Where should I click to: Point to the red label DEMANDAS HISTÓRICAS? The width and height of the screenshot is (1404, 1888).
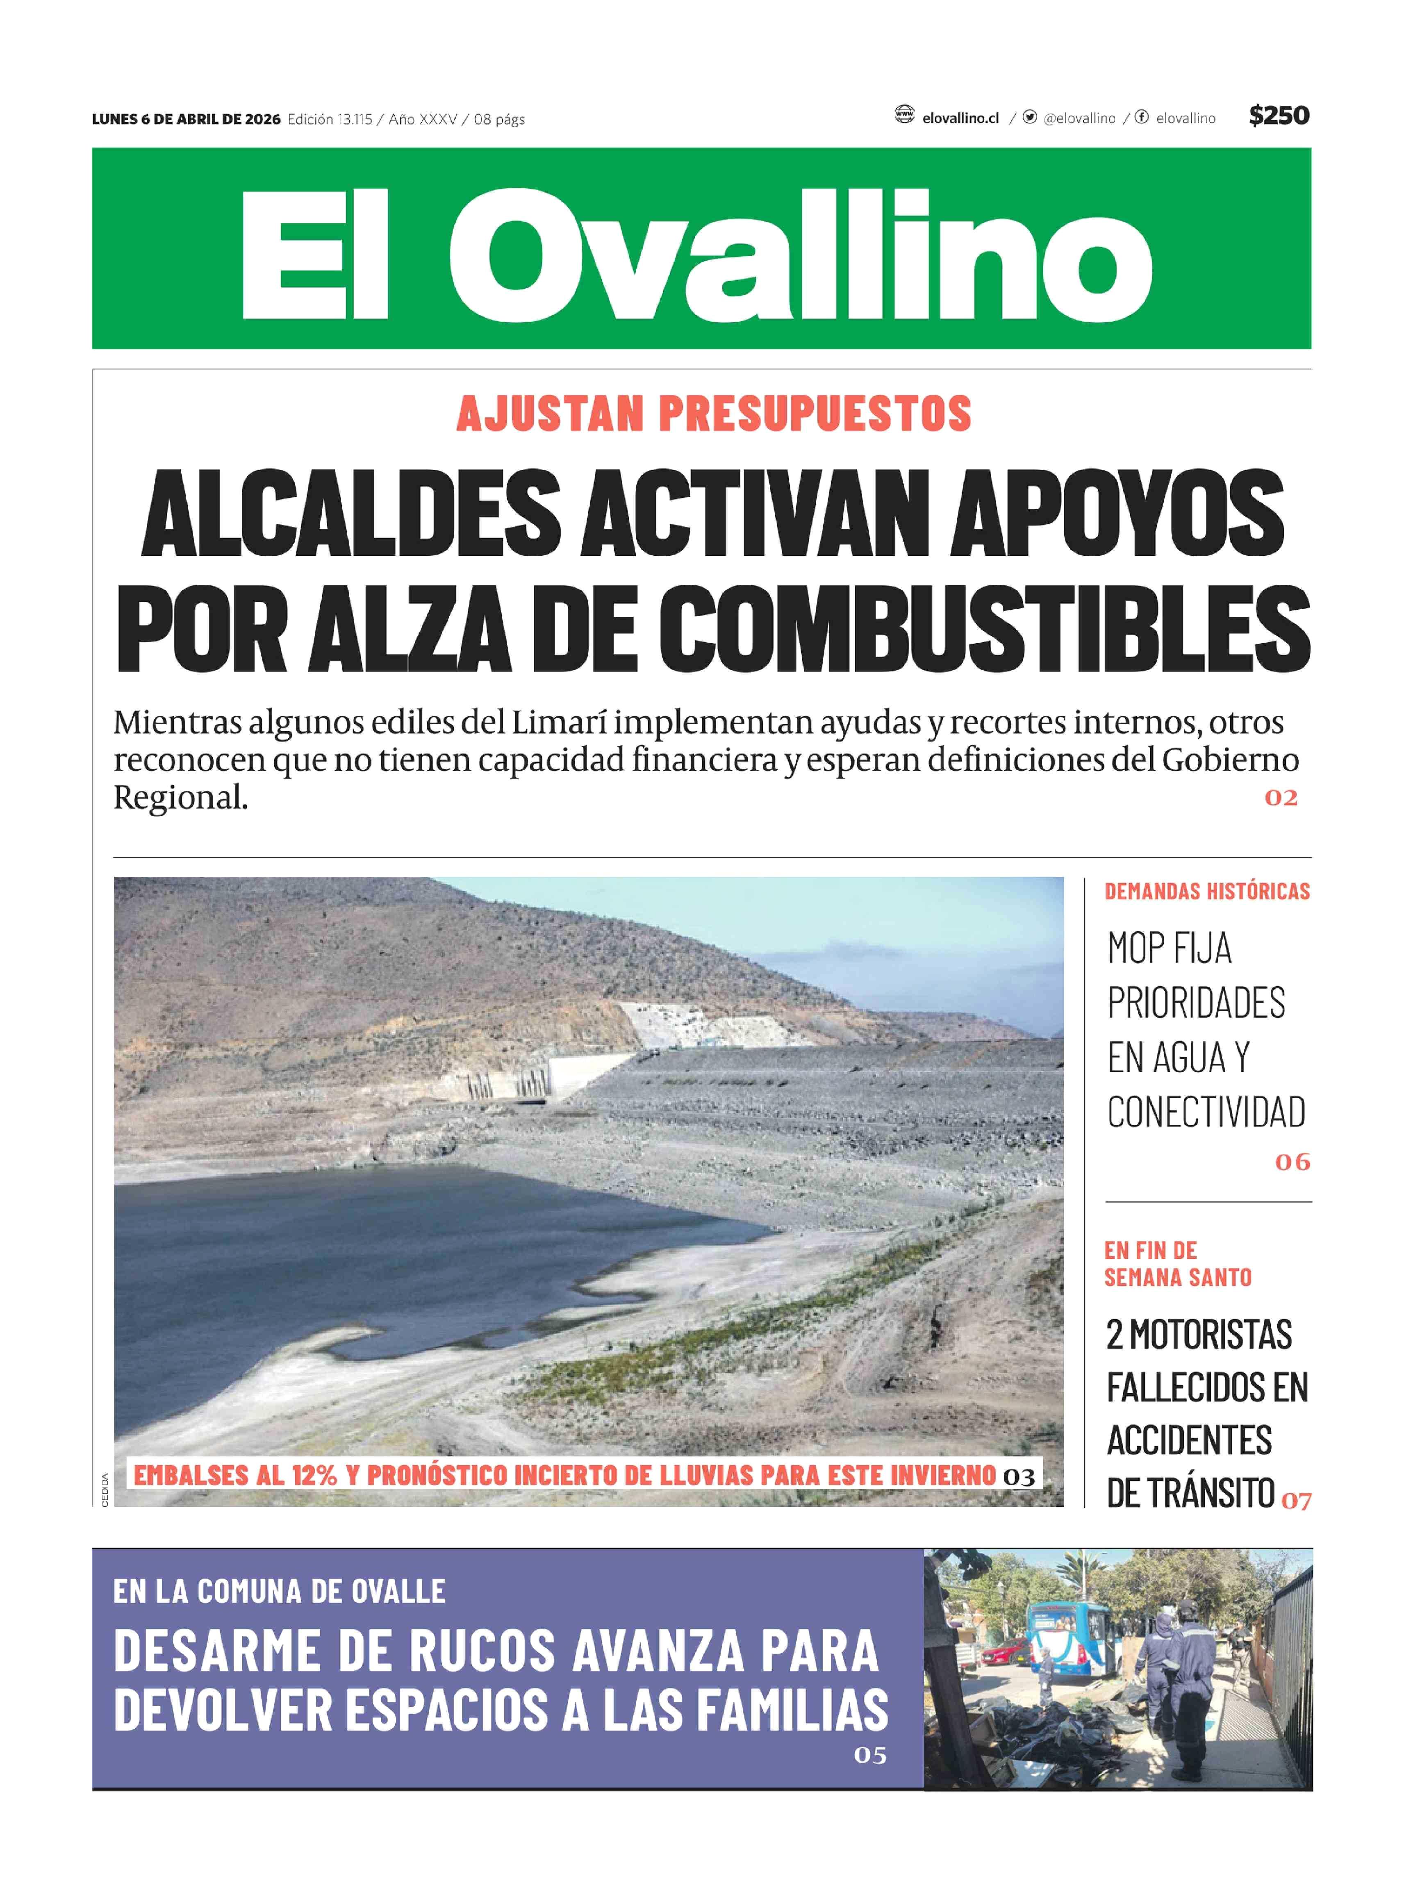click(1207, 891)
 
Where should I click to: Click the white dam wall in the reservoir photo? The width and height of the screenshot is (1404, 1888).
click(587, 1075)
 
